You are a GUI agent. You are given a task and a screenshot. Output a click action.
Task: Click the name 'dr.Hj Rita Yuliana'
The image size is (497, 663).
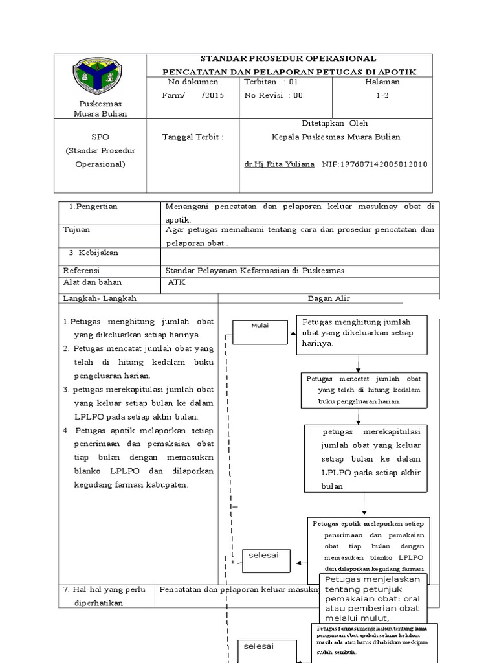280,164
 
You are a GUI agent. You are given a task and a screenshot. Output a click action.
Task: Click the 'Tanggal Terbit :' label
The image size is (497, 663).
192,137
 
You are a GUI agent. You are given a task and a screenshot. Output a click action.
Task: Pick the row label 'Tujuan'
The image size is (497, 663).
76,230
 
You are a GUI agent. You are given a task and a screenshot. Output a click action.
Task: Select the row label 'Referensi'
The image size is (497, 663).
82,271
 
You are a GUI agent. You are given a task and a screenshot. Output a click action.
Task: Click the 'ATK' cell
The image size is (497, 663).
176,282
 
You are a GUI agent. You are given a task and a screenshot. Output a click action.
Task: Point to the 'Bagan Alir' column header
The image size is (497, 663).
328,298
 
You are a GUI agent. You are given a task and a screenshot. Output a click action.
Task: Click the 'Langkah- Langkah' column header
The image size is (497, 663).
100,298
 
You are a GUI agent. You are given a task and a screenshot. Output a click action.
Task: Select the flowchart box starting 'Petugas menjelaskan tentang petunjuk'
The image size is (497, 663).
373,598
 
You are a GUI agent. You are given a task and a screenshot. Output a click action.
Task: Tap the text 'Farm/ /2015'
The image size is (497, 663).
192,95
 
